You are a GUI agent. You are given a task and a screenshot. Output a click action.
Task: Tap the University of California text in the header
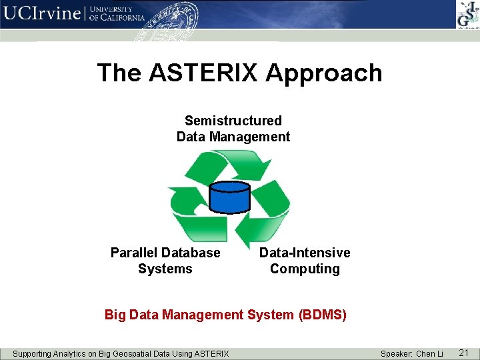tap(117, 14)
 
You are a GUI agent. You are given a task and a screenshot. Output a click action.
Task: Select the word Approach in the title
tap(324, 73)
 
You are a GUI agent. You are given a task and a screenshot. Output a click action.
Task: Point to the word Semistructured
tap(233, 121)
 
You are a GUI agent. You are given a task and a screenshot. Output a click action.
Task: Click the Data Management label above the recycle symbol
tap(233, 137)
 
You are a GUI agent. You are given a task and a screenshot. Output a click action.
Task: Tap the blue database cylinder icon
tap(229, 196)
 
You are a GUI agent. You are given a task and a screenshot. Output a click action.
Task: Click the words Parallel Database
tap(165, 253)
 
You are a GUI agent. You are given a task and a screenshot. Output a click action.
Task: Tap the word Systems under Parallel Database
tap(165, 269)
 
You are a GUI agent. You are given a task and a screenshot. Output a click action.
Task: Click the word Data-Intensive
tap(304, 253)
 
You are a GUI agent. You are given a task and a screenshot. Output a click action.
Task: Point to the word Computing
tap(304, 269)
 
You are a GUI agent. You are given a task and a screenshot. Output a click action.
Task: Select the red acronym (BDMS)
tap(323, 315)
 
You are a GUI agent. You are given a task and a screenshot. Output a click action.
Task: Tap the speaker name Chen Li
tap(429, 353)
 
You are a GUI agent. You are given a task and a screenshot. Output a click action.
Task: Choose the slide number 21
tap(464, 352)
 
